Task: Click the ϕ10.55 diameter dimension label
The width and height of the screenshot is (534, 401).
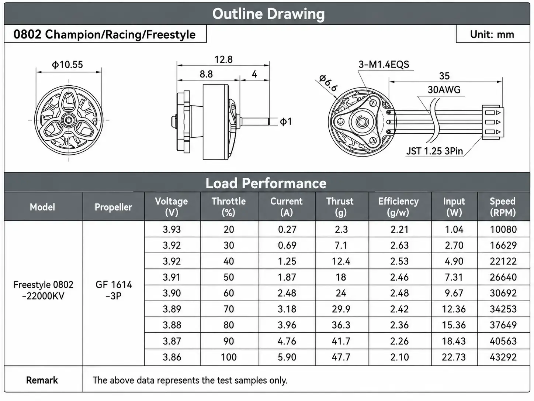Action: (67, 65)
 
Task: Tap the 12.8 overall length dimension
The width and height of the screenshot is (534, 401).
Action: (223, 59)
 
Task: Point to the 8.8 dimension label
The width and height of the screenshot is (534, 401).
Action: (206, 74)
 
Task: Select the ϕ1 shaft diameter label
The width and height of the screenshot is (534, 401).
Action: (285, 121)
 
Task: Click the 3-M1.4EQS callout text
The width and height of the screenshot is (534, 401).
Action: (384, 65)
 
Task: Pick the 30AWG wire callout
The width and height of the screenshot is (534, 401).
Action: (444, 90)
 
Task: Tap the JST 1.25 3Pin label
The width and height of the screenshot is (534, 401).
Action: (434, 151)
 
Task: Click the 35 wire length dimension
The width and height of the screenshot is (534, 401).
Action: (444, 76)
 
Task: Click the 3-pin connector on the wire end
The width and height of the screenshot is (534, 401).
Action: (493, 122)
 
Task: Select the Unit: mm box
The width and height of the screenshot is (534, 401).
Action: (493, 34)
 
